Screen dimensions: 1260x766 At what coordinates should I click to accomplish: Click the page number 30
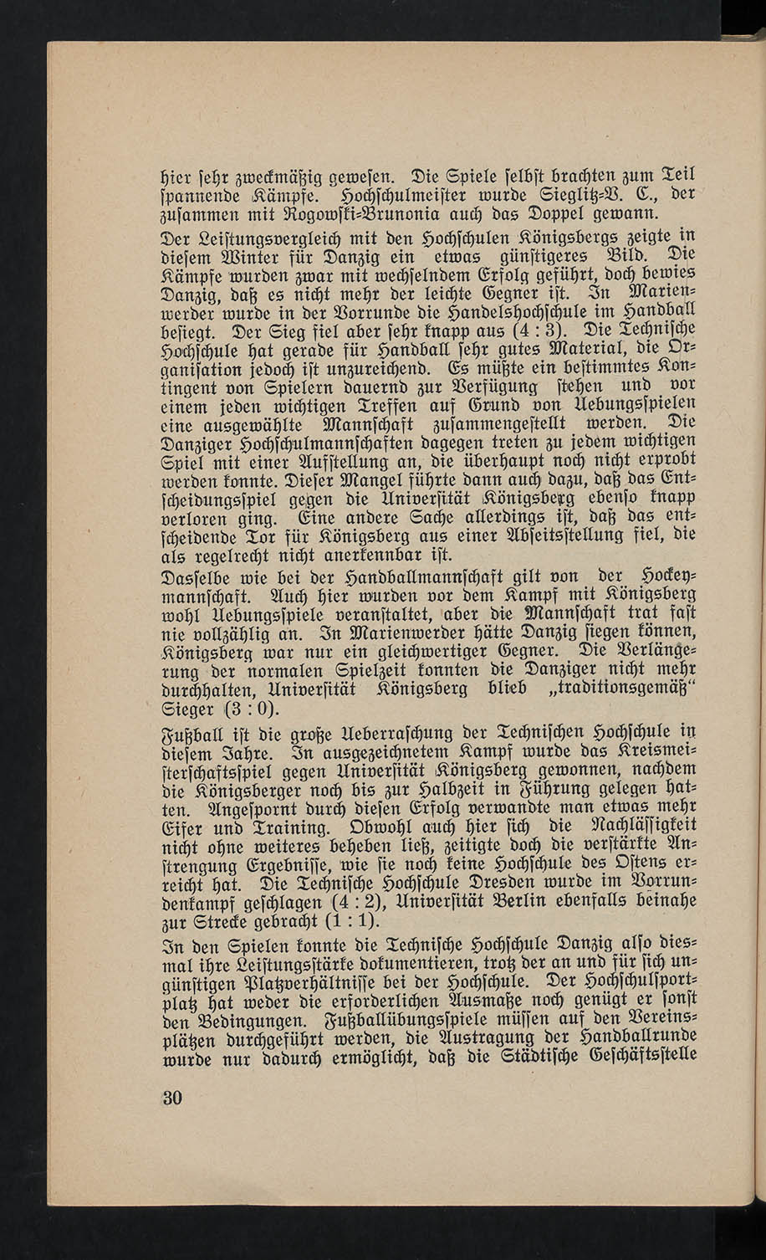pos(173,1097)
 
